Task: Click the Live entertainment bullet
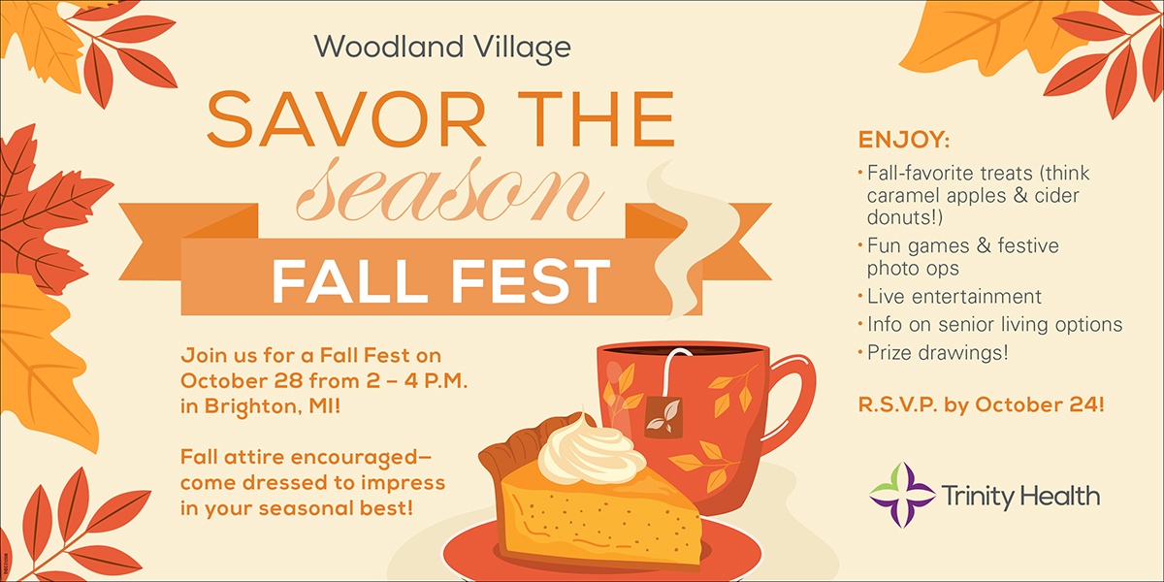coord(954,297)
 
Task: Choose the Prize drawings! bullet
coord(938,353)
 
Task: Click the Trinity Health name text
coord(1020,497)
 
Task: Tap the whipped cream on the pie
coord(591,456)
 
